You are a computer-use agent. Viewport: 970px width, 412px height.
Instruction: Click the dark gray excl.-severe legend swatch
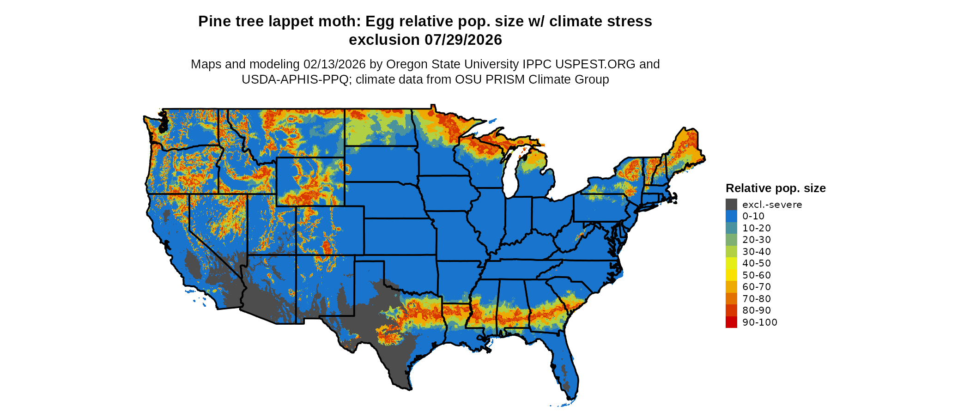[x=731, y=205]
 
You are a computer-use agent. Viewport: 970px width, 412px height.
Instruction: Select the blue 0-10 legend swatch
[x=731, y=216]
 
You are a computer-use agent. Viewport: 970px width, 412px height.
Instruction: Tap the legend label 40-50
[x=757, y=263]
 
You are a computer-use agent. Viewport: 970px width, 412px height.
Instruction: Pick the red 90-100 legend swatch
[x=731, y=322]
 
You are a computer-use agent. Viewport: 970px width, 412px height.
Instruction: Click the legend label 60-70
[x=757, y=287]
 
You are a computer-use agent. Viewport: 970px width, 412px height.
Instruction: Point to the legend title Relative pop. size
[x=776, y=188]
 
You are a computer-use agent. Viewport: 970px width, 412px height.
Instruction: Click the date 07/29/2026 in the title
[x=463, y=40]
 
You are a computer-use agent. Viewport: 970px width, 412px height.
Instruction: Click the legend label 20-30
[x=757, y=240]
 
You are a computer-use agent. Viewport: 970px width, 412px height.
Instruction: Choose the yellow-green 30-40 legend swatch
[x=731, y=252]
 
